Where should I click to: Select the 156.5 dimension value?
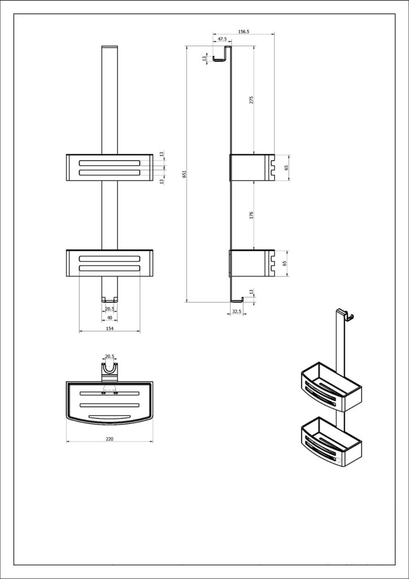244,32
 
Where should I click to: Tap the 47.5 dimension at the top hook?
222,39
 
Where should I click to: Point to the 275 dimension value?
251,100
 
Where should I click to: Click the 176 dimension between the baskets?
251,215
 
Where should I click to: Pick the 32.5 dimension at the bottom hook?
237,312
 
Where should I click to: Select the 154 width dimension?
110,328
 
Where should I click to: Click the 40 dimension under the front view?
110,318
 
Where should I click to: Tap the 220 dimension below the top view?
110,438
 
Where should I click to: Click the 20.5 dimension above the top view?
110,357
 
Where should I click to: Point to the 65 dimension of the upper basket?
286,168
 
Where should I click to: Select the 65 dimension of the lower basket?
286,263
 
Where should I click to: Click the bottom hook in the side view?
238,298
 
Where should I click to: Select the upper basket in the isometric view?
330,387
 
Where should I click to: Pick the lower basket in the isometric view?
330,441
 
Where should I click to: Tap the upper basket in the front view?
110,168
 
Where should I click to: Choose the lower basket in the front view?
110,263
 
